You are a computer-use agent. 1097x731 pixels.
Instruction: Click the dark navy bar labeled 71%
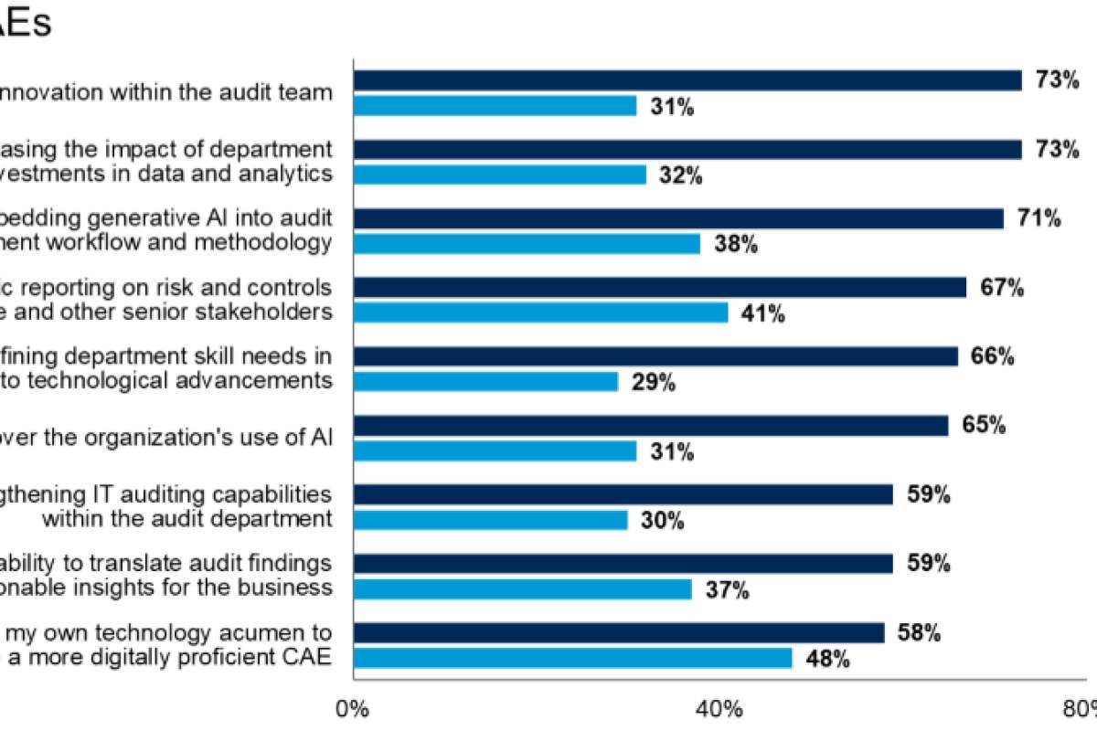tap(678, 218)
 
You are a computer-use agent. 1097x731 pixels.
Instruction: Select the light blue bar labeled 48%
tap(572, 658)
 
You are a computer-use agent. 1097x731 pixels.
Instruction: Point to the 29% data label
tap(653, 383)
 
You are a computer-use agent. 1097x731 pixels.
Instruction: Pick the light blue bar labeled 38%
tap(527, 244)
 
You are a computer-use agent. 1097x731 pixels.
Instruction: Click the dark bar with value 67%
tap(659, 288)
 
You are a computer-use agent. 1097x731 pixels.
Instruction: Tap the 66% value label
tap(993, 356)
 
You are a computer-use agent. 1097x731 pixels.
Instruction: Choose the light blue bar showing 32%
tap(499, 175)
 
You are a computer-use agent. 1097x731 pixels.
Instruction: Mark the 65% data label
tap(984, 426)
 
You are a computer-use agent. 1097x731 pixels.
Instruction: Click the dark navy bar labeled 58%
tap(619, 633)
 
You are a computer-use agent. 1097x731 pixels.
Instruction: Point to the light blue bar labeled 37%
tap(522, 589)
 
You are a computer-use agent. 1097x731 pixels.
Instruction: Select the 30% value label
tap(662, 521)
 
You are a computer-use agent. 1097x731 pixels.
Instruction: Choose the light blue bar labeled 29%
tap(485, 382)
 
